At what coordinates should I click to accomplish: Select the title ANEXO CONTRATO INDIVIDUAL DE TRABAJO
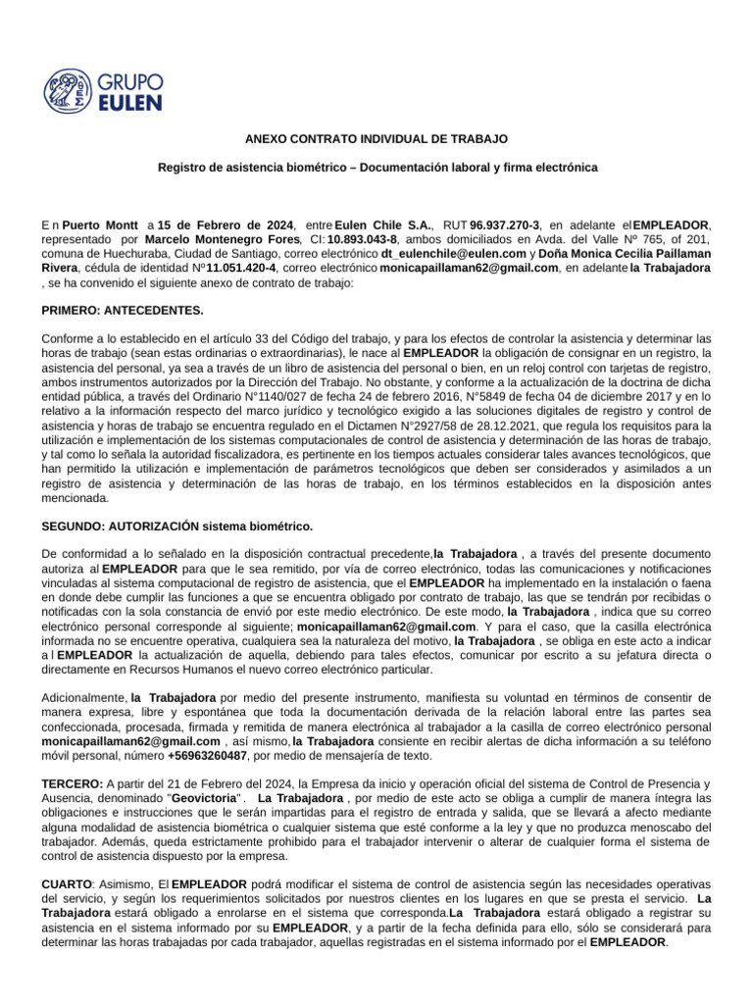(x=377, y=141)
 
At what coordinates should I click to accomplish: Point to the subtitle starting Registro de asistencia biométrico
(x=377, y=169)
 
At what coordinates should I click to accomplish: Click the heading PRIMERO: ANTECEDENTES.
(x=123, y=311)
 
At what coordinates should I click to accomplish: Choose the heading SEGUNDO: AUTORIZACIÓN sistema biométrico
(x=176, y=526)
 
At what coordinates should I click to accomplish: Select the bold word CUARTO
(x=66, y=884)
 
